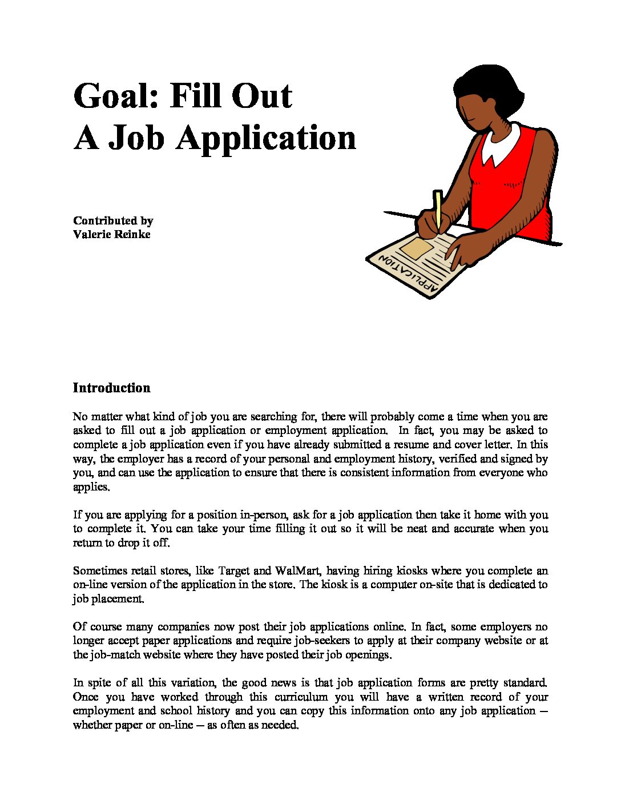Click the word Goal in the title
pyautogui.click(x=115, y=96)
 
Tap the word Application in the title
pyautogui.click(x=266, y=138)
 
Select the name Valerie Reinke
pyautogui.click(x=112, y=234)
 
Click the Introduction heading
pyautogui.click(x=112, y=388)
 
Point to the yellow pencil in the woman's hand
pyautogui.click(x=438, y=209)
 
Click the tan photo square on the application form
pyautogui.click(x=416, y=248)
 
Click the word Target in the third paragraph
pyautogui.click(x=233, y=571)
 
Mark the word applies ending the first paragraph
pyautogui.click(x=90, y=487)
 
